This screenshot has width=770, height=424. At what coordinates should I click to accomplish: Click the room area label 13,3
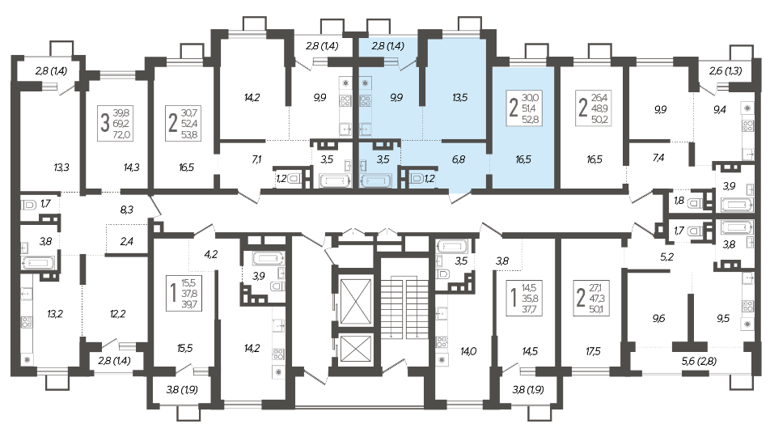pos(61,167)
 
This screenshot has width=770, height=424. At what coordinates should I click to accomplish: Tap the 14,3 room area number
pos(132,167)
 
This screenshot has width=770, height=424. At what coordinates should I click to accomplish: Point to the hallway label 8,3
pos(127,210)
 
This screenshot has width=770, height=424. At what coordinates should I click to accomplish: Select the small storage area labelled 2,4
pos(127,241)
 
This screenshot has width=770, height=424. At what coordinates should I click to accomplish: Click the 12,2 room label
pos(118,313)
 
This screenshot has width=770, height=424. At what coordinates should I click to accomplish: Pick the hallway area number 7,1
pos(256,159)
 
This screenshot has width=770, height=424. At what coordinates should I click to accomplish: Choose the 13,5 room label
pos(459,98)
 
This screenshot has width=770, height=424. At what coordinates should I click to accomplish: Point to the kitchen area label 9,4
pos(719,110)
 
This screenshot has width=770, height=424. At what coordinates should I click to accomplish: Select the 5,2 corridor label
pos(666,257)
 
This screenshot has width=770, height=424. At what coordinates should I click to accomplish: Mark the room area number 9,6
pos(658,318)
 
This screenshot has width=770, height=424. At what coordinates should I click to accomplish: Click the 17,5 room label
pos(593,351)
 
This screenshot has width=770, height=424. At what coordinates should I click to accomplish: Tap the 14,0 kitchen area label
pos(468,351)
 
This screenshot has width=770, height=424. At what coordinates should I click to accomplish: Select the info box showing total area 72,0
pos(116,123)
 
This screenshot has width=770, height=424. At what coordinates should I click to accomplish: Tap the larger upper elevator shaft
pos(357,303)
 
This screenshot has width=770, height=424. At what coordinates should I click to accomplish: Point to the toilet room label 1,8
pos(679,200)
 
